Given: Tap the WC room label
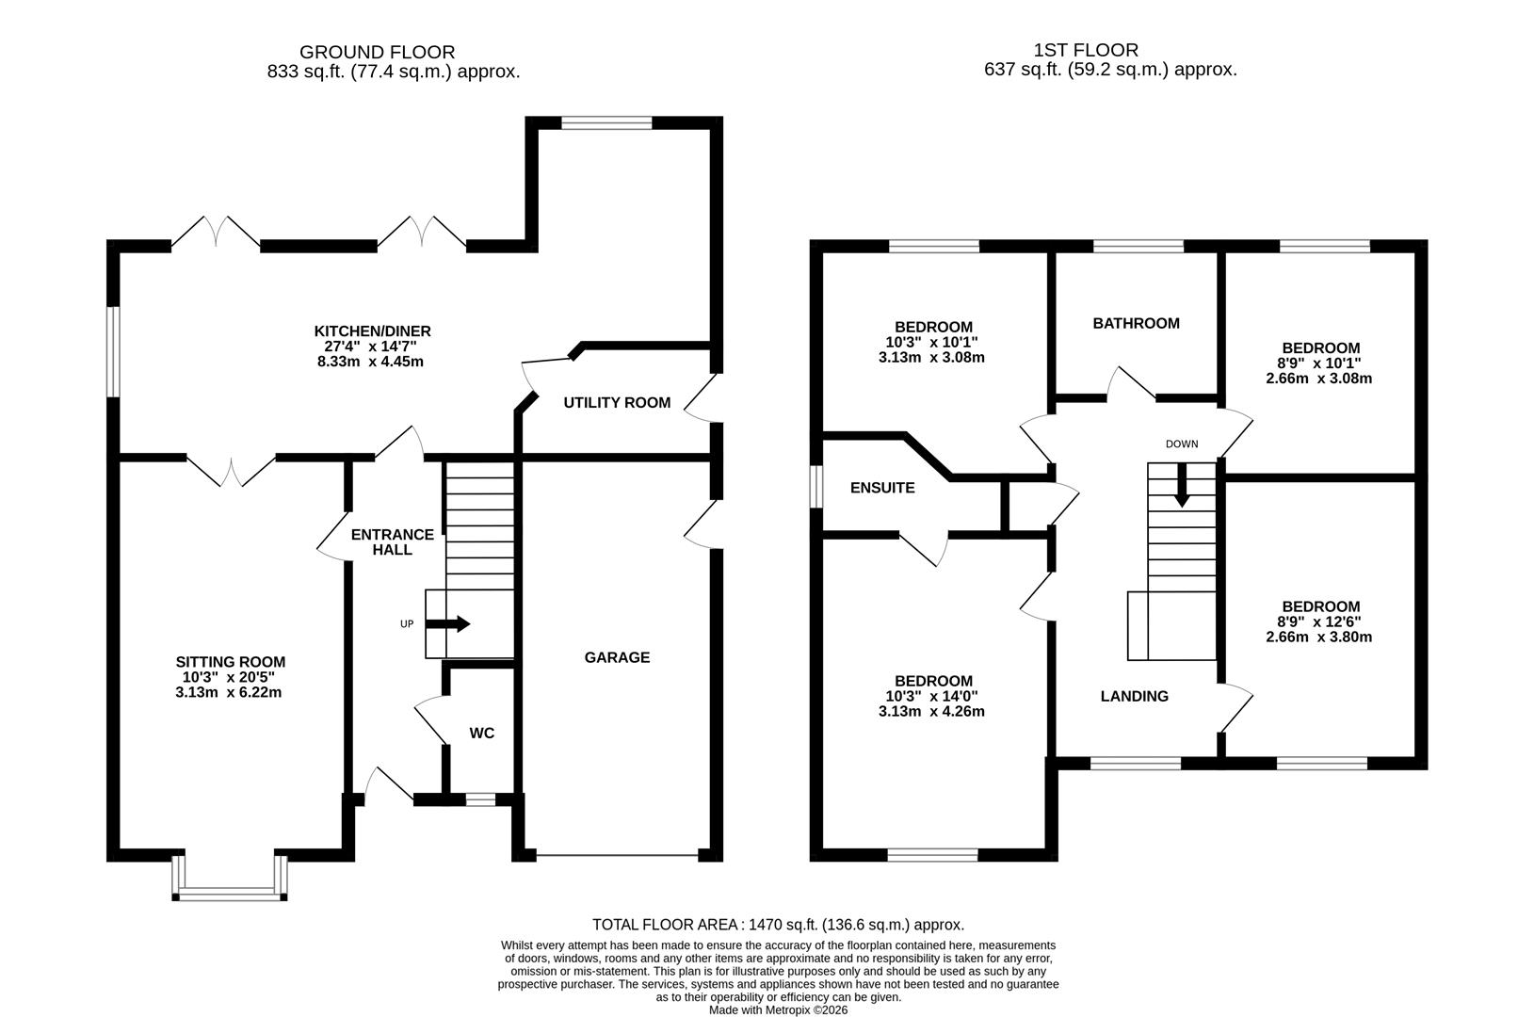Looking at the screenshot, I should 481,734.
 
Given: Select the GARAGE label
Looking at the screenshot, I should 617,657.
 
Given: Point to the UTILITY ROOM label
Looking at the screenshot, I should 617,403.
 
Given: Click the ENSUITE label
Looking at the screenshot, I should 881,488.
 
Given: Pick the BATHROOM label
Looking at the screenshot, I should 1136,323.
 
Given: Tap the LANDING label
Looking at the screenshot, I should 1134,697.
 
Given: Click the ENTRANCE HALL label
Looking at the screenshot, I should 392,541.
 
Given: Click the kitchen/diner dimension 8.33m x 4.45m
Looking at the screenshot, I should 372,362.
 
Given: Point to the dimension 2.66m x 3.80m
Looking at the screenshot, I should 1318,637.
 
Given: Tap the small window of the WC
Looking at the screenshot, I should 480,799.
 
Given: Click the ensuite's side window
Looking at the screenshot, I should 817,487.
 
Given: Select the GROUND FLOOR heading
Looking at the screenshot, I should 377,53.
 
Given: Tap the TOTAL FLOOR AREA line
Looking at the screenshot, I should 778,925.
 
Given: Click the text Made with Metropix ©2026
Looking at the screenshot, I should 778,1009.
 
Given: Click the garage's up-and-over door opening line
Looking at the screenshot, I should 617,855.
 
